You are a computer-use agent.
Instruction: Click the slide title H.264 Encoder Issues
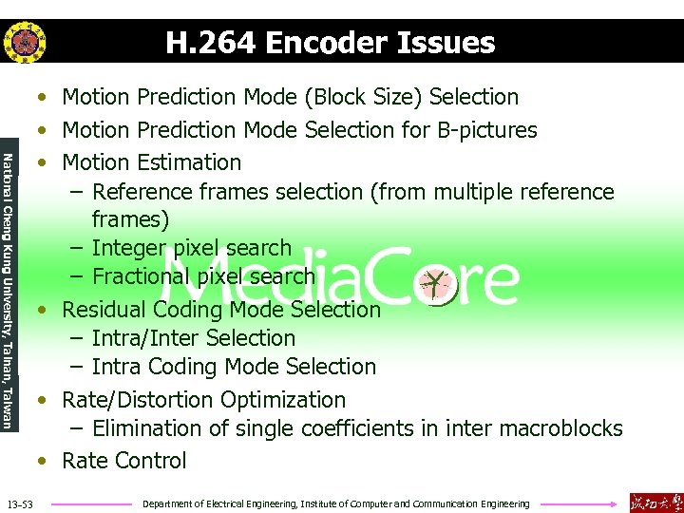click(330, 43)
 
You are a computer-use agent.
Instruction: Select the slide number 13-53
click(19, 503)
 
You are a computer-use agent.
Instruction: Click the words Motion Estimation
click(151, 162)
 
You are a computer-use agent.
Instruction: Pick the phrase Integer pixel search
click(192, 248)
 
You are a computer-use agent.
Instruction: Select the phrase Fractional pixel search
click(202, 276)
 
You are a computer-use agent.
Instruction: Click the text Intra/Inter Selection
click(193, 338)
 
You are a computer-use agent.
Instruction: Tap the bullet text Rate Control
click(123, 461)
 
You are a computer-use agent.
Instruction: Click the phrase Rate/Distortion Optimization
click(203, 400)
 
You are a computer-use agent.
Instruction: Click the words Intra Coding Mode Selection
click(234, 367)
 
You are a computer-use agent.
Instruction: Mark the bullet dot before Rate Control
click(42, 462)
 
